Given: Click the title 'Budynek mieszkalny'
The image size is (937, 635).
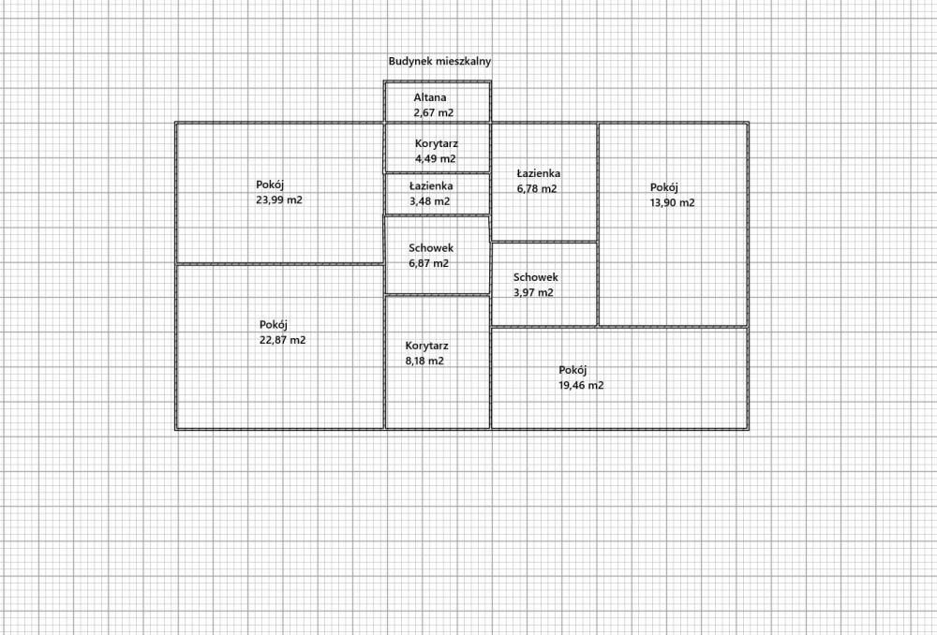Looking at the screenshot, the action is [x=439, y=61].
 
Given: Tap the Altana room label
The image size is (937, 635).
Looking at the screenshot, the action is [x=430, y=97].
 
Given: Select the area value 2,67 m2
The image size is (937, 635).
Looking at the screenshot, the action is [x=434, y=113].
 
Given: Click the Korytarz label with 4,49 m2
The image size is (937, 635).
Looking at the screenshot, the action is [x=437, y=143].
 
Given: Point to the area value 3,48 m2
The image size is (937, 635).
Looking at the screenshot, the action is [x=430, y=201].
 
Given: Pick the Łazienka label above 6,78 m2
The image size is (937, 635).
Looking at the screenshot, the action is [x=539, y=173].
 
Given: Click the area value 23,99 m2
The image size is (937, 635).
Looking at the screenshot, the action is [x=279, y=200].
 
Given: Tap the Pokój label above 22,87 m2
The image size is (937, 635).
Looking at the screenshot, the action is [x=273, y=325].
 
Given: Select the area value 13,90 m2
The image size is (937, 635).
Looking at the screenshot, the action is [x=672, y=202].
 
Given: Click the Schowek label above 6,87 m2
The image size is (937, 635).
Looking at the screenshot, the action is [x=431, y=248].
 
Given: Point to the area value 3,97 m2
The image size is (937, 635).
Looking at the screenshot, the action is [x=534, y=293].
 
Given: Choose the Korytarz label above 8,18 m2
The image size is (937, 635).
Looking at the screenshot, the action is [x=426, y=346].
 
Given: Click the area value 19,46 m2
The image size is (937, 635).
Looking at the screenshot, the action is [x=582, y=385].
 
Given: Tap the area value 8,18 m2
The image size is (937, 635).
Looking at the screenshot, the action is [x=424, y=361].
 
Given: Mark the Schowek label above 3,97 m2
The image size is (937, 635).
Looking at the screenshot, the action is [x=536, y=277].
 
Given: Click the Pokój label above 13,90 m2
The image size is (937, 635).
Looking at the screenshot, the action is [x=664, y=187].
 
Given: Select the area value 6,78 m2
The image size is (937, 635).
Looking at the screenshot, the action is [x=537, y=189].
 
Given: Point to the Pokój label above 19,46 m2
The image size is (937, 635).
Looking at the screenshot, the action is [x=573, y=370].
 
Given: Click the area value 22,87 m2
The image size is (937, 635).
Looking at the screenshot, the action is [x=283, y=340].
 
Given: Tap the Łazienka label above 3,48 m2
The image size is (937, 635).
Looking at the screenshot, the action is [x=431, y=185].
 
